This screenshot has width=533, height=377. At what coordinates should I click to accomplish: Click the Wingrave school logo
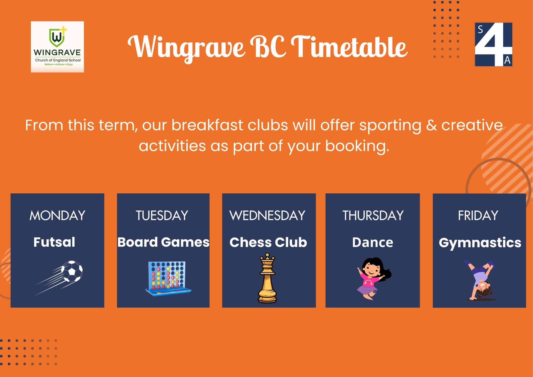point(57,47)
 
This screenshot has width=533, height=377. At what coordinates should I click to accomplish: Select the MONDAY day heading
point(57,215)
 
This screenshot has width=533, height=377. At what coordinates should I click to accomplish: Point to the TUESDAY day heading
point(162,215)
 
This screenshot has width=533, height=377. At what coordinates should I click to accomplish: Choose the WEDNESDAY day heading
point(268,215)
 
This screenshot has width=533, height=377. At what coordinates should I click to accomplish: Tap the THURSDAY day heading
point(373,215)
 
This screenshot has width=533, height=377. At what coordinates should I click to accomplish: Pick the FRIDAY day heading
point(478,215)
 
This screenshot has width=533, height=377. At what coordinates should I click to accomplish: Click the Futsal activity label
point(54,242)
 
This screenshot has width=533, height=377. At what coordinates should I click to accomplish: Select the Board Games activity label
point(163,242)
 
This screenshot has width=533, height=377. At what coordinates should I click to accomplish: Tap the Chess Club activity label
point(268,242)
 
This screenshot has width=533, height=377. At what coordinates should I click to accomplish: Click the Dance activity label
point(373,242)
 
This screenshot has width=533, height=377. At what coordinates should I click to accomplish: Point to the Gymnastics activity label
point(480,243)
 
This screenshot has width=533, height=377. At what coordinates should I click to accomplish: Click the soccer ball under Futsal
point(72,271)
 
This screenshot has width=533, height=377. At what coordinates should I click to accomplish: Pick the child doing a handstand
point(480,280)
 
